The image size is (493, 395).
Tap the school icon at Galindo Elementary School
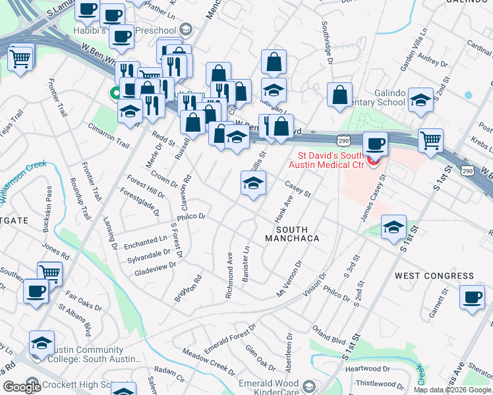point(420,100)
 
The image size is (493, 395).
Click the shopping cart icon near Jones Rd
point(49,273)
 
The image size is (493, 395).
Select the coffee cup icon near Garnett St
point(472,297)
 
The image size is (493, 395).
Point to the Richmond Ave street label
point(229,276)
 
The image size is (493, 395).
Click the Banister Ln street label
point(246,265)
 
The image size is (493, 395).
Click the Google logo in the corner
point(22,387)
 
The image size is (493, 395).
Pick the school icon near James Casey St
point(393,228)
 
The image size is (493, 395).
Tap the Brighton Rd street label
point(187,288)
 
